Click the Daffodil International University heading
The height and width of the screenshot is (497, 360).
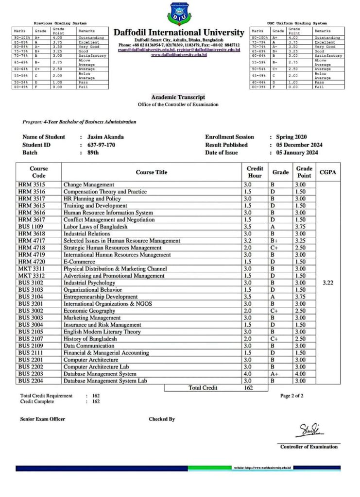[179, 33]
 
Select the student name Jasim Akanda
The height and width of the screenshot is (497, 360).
[105, 137]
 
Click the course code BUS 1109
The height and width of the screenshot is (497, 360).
[30, 227]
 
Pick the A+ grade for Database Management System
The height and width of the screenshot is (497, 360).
[275, 374]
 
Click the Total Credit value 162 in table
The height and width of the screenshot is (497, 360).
[248, 388]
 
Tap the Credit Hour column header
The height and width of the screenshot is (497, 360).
[255, 172]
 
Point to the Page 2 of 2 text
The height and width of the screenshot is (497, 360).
[292, 396]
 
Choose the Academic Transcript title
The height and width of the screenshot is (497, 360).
[178, 97]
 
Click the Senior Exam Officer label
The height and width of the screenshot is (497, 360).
[42, 419]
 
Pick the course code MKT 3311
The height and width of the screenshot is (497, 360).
[30, 268]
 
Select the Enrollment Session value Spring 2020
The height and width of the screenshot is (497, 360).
[291, 137]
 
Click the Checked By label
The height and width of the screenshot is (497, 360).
[162, 419]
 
